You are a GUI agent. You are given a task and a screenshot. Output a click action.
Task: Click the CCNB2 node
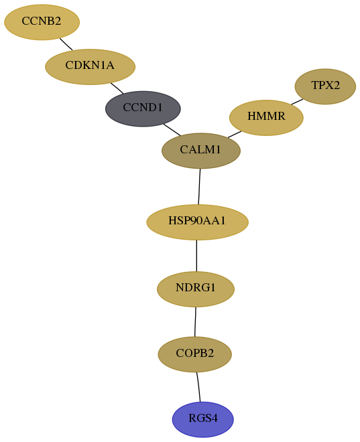[42, 22]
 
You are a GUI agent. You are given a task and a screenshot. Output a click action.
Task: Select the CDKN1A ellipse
[91, 67]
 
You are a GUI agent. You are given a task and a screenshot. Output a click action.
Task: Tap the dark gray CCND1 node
[143, 108]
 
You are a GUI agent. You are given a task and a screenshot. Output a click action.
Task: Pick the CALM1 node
[201, 151]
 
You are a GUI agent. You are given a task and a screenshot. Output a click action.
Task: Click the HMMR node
[266, 118]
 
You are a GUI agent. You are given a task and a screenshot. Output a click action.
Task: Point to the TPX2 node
[325, 86]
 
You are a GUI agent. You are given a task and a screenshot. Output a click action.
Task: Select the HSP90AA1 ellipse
[197, 222]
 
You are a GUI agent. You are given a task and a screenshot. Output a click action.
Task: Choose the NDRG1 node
[196, 289]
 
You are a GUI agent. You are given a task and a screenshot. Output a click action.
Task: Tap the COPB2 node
[194, 354]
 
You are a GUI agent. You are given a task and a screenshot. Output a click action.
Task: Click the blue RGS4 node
[203, 419]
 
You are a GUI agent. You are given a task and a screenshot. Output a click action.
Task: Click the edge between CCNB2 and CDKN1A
[66, 44]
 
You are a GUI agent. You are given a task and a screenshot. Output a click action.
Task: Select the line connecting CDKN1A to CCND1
[117, 88]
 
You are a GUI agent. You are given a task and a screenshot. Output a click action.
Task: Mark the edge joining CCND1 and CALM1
[172, 130]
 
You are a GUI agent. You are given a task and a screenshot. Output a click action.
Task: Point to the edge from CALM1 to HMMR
[235, 134]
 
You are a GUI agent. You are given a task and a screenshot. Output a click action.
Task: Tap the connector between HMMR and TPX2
[297, 102]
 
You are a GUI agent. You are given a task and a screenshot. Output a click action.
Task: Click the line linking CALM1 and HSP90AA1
[199, 187]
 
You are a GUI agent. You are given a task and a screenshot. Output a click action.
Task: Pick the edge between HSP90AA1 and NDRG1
[196, 256]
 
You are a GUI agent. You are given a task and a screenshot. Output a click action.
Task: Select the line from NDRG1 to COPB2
[195, 321]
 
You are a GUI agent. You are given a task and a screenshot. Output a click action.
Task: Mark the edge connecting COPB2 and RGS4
[198, 387]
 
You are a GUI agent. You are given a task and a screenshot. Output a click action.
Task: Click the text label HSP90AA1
[197, 221]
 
